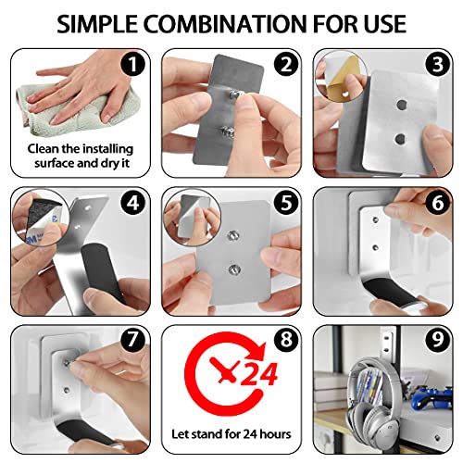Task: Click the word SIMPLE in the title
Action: (x=97, y=24)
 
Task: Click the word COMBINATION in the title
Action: (x=225, y=24)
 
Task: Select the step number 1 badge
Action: (x=133, y=65)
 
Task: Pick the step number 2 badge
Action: (x=286, y=65)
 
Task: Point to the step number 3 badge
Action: (x=437, y=65)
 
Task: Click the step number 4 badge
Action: (x=133, y=203)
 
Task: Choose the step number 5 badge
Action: (x=286, y=203)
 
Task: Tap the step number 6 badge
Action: (x=437, y=203)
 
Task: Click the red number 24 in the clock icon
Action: (x=258, y=374)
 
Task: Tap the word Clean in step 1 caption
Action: (x=43, y=149)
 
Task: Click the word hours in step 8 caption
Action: (x=275, y=434)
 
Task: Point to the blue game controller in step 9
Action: (x=432, y=397)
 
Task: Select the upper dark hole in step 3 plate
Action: (x=401, y=106)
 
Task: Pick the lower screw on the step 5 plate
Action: (x=234, y=269)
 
